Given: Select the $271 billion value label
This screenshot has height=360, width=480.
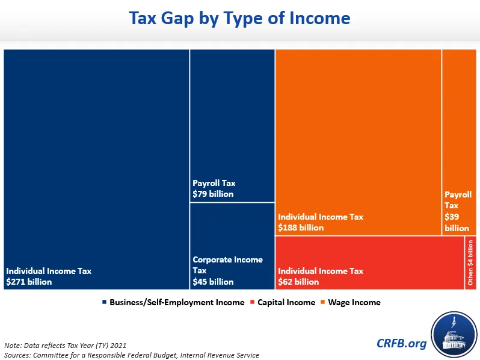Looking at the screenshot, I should click(29, 282).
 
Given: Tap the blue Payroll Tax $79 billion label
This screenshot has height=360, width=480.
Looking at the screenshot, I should click(214, 188).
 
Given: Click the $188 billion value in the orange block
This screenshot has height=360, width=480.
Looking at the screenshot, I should click(301, 228).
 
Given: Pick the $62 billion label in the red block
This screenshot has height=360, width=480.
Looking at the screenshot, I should click(298, 282).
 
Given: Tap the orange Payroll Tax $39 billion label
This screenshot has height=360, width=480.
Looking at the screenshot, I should click(458, 211).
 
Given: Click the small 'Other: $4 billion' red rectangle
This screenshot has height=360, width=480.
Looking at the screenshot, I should click(470, 263).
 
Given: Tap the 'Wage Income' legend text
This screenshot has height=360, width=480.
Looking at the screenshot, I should click(354, 302).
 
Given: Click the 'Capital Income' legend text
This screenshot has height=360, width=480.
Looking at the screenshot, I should click(286, 302).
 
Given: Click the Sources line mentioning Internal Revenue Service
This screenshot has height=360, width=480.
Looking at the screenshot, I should click(131, 355).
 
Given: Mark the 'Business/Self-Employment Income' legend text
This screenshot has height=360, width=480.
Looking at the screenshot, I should click(177, 302).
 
